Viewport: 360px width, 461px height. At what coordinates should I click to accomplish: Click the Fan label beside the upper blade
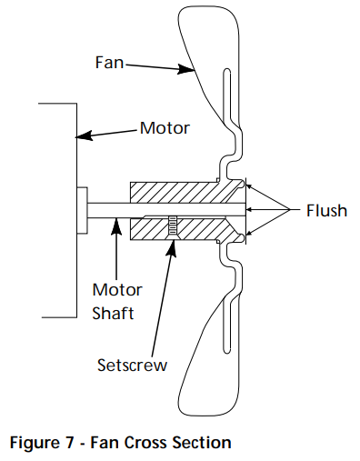[x=106, y=64]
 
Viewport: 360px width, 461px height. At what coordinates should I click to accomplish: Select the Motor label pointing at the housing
[x=165, y=128]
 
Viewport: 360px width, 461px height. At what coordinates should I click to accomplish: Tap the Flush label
[x=325, y=210]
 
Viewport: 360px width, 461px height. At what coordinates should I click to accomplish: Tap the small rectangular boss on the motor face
[x=82, y=210]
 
